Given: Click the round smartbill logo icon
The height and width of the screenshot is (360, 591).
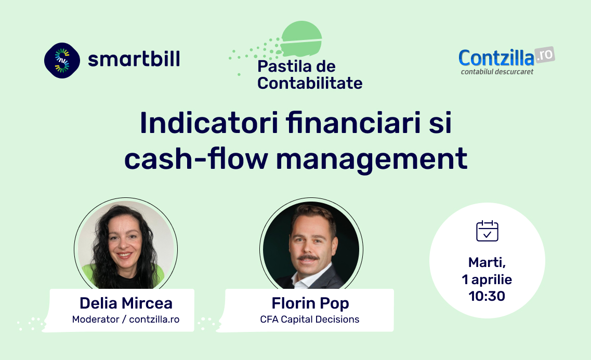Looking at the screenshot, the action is coord(62,60).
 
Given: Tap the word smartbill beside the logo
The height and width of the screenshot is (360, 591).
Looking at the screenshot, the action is coord(134,59).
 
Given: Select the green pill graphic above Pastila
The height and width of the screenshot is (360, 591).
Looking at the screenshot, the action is coord(301,39).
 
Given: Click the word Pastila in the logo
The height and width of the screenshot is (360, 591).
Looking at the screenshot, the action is coord(280,66).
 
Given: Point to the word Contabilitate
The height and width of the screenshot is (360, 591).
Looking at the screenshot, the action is coord(310,83).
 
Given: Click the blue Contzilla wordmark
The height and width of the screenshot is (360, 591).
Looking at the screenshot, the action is coord(496,58).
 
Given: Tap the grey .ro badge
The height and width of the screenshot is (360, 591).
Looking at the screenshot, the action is coord(545,56).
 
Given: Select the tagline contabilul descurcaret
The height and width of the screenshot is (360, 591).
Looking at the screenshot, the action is coord(497,72).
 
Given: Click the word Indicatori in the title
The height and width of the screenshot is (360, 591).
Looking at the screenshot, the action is coord(209,123).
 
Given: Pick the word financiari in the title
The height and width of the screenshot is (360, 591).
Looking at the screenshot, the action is coord(353,123).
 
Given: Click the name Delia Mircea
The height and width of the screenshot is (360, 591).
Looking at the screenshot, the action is coord(126,303).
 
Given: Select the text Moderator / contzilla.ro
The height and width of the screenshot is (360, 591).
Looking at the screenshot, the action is coord(125,319).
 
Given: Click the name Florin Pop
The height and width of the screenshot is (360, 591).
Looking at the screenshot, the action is coord(310,303).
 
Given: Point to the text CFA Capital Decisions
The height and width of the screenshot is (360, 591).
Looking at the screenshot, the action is coord(309,319).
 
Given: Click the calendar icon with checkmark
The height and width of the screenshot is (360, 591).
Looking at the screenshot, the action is coord(488,231).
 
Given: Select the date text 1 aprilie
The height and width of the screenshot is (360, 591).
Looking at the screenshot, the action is coord(487,279).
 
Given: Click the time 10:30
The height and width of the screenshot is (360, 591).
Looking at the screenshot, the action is coord(487,296).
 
